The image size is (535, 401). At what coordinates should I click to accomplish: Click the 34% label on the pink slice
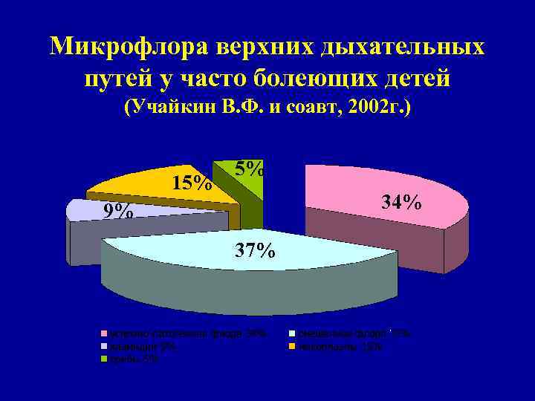click(x=401, y=201)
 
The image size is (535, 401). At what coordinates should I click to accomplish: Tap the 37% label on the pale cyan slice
click(x=255, y=250)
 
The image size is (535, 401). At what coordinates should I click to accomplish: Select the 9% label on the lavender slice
click(x=119, y=212)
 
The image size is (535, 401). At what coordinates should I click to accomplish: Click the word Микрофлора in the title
click(x=130, y=47)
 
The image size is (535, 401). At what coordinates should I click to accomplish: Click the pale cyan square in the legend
click(x=293, y=334)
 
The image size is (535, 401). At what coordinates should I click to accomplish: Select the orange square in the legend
click(x=293, y=347)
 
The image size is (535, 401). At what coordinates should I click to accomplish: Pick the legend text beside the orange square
click(x=341, y=347)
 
